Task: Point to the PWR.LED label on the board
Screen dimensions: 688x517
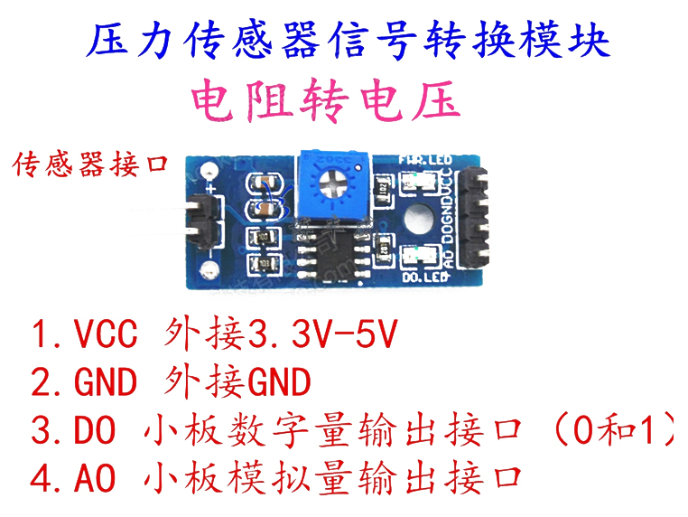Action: point(426,162)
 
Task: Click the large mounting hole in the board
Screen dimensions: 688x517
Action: point(418,220)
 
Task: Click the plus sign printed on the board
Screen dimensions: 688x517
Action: point(210,191)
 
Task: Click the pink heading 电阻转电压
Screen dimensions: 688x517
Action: point(326,102)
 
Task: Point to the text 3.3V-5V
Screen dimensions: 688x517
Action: point(322,337)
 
